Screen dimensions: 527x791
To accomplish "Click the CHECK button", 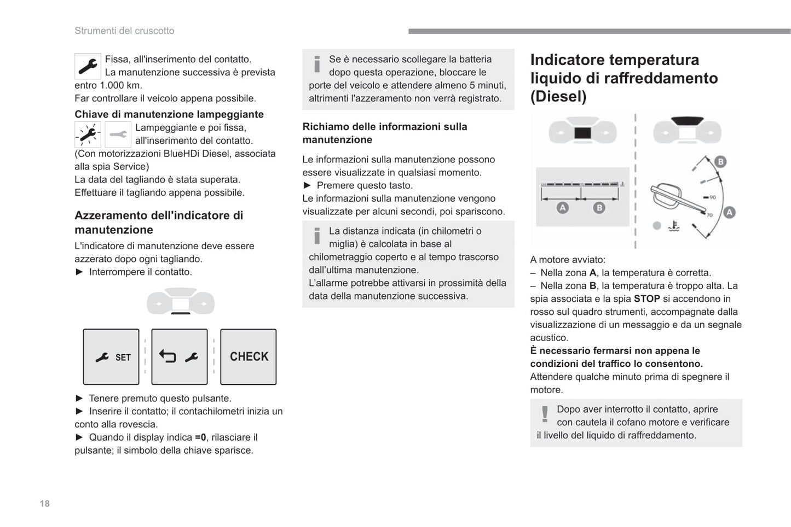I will pyautogui.click(x=249, y=356).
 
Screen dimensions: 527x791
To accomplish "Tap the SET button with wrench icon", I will pyautogui.click(x=111, y=357).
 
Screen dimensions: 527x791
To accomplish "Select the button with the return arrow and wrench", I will pyautogui.click(x=180, y=357).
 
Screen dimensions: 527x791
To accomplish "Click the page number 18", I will pyautogui.click(x=44, y=503).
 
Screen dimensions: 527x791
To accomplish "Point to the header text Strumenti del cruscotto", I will pyautogui.click(x=124, y=31).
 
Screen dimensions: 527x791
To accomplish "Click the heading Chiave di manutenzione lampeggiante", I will pyautogui.click(x=169, y=114).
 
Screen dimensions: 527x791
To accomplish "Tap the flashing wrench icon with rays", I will pyautogui.click(x=88, y=134).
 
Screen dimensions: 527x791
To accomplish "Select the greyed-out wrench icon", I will pyautogui.click(x=118, y=134).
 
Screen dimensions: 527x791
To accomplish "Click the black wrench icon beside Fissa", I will pyautogui.click(x=88, y=66).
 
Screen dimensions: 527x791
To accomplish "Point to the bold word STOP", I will pyautogui.click(x=646, y=298).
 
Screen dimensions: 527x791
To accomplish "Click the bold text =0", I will pyautogui.click(x=200, y=437).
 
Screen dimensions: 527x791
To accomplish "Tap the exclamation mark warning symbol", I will pyautogui.click(x=545, y=414).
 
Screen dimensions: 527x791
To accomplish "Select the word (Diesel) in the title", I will pyautogui.click(x=558, y=96).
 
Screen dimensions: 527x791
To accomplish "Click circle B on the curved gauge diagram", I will pyautogui.click(x=720, y=161).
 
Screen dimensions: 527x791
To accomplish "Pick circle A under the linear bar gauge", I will pyautogui.click(x=562, y=208).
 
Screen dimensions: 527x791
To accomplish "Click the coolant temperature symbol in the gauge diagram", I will pyautogui.click(x=674, y=226).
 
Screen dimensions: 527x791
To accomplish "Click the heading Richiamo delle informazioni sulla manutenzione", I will pyautogui.click(x=385, y=133).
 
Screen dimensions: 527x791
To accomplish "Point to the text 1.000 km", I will pyautogui.click(x=120, y=85).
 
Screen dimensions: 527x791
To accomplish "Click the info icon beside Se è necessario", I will pyautogui.click(x=317, y=64).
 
